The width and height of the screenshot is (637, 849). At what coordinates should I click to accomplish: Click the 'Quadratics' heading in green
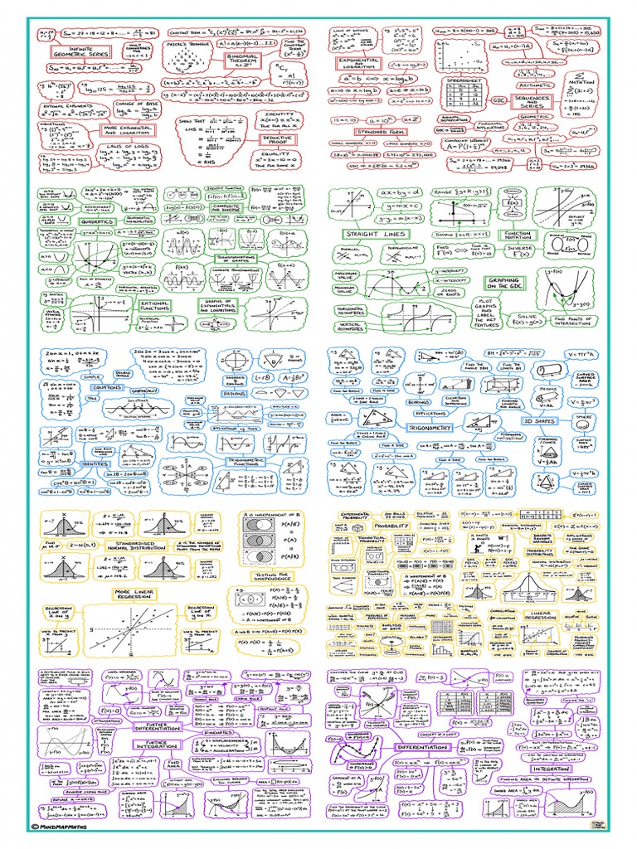pos(97,221)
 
